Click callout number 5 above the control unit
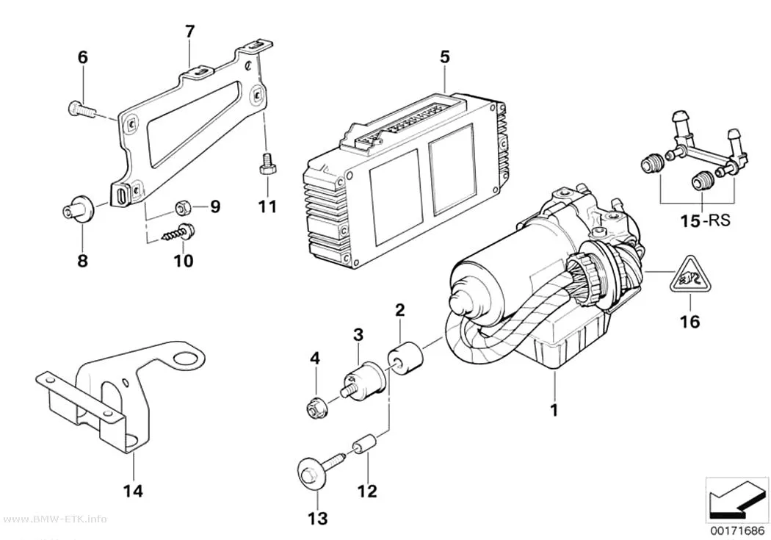pyautogui.click(x=444, y=57)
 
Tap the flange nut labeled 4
pyautogui.click(x=314, y=408)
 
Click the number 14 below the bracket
pyautogui.click(x=133, y=490)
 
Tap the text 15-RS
pyautogui.click(x=706, y=221)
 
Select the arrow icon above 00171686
pyautogui.click(x=736, y=501)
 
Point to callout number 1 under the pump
pyautogui.click(x=554, y=410)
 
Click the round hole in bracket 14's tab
pyautogui.click(x=189, y=359)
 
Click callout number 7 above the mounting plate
pyautogui.click(x=189, y=32)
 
